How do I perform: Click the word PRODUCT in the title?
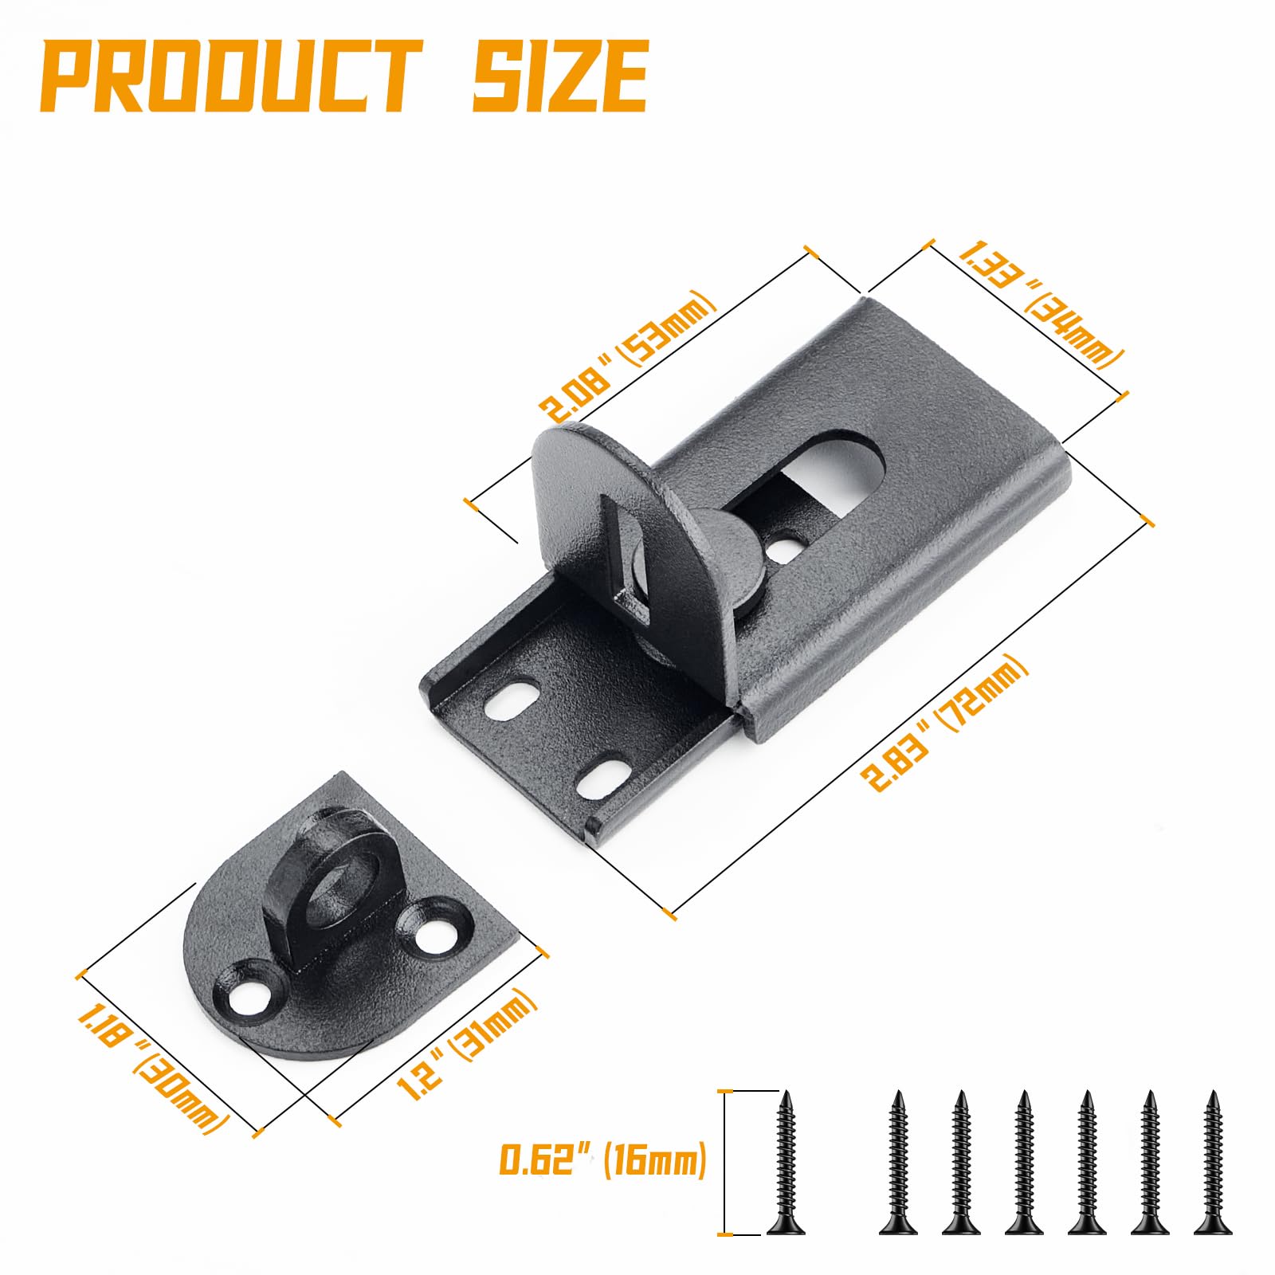231,77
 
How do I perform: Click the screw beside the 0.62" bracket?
786,1163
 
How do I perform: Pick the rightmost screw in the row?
1213,1163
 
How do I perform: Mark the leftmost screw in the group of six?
898,1163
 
